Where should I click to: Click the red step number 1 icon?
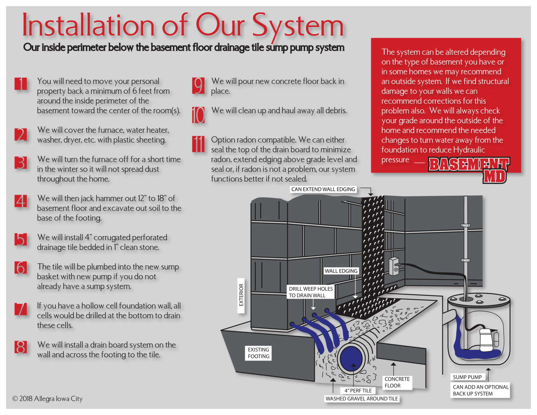coord(21,84)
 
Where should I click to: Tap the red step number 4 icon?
coord(21,201)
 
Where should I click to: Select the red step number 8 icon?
coord(21,347)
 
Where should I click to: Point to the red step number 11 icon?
coord(198,144)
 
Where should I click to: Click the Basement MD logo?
coord(469,169)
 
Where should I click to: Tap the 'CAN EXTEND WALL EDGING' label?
coord(323,189)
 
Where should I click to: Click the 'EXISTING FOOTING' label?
coord(258,353)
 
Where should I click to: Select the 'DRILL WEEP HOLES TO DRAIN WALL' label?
coord(311,292)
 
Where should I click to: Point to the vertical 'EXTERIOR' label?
coord(241,295)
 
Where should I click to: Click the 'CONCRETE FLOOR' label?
coord(397,382)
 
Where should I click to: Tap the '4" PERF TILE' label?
coord(358,391)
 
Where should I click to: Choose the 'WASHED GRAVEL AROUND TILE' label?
coord(362,399)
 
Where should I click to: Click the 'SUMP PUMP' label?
coord(467,377)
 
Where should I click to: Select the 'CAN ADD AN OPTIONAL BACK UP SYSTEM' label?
coord(481,390)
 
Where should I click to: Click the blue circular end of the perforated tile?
coord(351,359)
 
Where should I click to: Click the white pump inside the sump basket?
coord(486,340)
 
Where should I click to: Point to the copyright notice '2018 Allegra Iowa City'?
coord(48,399)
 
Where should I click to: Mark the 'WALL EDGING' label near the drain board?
coord(341,271)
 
